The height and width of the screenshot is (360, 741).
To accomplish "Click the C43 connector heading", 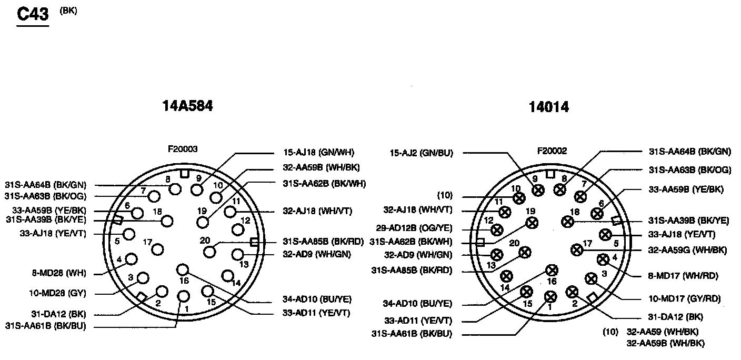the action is click(x=33, y=14).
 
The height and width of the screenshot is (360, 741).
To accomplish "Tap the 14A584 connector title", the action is click(x=187, y=106).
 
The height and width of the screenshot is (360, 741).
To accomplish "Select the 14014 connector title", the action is click(x=549, y=107).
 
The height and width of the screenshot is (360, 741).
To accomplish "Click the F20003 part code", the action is click(x=183, y=149).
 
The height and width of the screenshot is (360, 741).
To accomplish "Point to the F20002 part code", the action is click(x=552, y=151).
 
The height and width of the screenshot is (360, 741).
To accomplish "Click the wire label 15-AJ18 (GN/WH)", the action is click(x=318, y=153).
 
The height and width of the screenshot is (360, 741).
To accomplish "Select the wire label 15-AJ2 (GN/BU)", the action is click(x=421, y=153).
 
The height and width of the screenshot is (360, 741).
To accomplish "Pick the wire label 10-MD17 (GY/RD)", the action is click(x=684, y=298).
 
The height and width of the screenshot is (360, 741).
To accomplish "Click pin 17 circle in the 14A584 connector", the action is click(x=157, y=249).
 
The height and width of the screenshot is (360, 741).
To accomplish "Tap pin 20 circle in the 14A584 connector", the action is click(x=210, y=251).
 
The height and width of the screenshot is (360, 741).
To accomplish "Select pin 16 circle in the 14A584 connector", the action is click(x=182, y=270).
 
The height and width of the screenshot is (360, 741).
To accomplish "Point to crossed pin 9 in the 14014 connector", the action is click(x=537, y=191).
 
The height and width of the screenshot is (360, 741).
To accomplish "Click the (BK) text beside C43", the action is click(x=68, y=10).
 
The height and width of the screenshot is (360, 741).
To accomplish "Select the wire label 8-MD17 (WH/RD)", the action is click(x=684, y=275).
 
